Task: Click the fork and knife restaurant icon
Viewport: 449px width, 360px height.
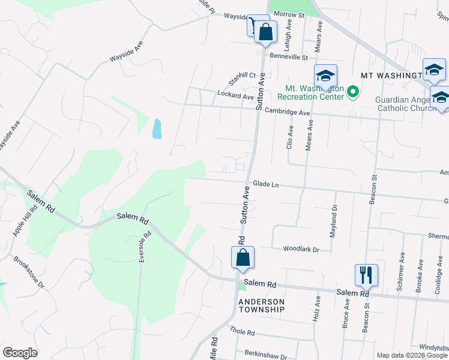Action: click(366, 275)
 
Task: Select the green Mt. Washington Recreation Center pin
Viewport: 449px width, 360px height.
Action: click(353, 93)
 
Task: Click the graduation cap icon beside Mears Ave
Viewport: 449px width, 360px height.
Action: click(325, 75)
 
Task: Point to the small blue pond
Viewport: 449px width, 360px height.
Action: click(157, 128)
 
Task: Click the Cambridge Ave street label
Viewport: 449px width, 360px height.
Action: click(287, 112)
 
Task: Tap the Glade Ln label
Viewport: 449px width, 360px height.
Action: click(266, 185)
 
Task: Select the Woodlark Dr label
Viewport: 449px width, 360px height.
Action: click(301, 248)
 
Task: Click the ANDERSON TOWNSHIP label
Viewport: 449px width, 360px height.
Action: click(261, 305)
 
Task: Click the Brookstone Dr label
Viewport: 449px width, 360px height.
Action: click(29, 273)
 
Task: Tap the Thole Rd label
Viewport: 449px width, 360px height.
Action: click(243, 332)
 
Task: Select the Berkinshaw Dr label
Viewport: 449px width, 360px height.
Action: click(266, 356)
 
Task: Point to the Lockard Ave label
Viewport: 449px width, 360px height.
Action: click(236, 96)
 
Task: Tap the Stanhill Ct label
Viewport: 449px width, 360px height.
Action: click(242, 79)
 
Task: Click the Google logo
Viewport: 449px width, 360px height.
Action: click(20, 353)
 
